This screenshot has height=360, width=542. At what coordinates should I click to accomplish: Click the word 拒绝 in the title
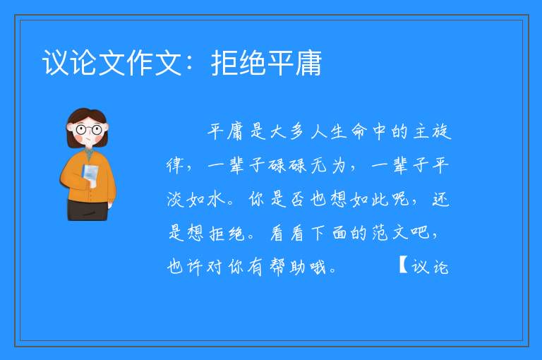tap(238, 63)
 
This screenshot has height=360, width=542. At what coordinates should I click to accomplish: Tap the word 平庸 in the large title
tap(294, 63)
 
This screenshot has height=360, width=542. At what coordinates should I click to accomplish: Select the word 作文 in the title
tap(154, 63)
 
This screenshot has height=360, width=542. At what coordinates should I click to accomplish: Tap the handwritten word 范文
tap(390, 232)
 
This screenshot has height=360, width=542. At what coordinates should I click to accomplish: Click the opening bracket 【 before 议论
tap(403, 265)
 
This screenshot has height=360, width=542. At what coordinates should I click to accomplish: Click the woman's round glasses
tap(89, 130)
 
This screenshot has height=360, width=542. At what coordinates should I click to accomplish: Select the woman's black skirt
tap(88, 210)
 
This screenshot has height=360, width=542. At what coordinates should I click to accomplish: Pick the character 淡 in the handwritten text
tap(176, 199)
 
